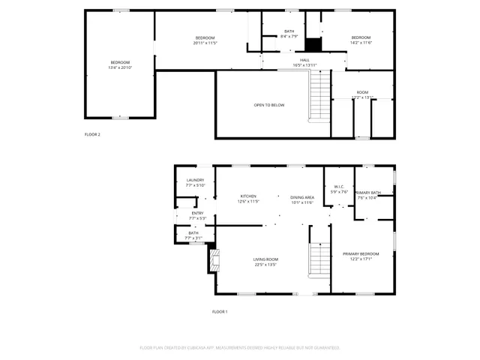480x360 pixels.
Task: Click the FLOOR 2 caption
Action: pos(92,134)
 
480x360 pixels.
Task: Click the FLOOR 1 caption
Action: pos(220,311)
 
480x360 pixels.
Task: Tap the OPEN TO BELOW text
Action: pos(268,105)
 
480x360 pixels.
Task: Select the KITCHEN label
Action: pos(248,196)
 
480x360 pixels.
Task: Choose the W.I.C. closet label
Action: pos(339,187)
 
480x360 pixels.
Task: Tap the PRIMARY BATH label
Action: pos(368,193)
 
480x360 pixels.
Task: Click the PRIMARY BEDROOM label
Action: pos(361,254)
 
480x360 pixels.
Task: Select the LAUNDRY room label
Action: pos(195,180)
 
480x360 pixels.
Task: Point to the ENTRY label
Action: pos(197,213)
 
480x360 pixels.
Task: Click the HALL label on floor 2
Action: pos(304,60)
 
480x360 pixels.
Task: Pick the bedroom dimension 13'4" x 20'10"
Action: pos(120,68)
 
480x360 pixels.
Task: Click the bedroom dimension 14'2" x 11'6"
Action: pos(361,43)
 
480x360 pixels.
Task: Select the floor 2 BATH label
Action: pos(289,31)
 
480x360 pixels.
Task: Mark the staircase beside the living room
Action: pos(320,259)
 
